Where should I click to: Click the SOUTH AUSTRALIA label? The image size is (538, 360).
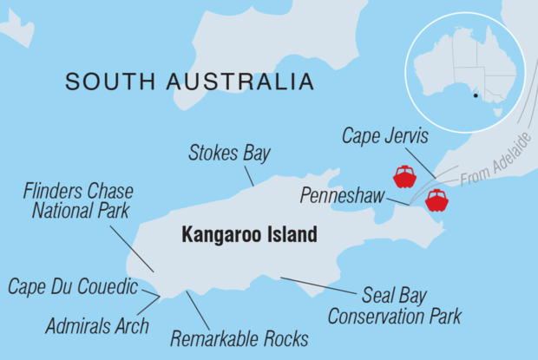pyautogui.click(x=189, y=82)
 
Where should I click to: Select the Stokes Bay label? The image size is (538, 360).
pyautogui.click(x=230, y=155)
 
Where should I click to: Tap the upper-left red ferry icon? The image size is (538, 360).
pyautogui.click(x=404, y=176)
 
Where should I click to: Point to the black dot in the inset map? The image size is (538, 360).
pyautogui.click(x=475, y=96)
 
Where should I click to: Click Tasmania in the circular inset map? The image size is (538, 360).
pyautogui.click(x=497, y=111)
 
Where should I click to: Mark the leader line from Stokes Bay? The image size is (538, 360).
pyautogui.click(x=246, y=174)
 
